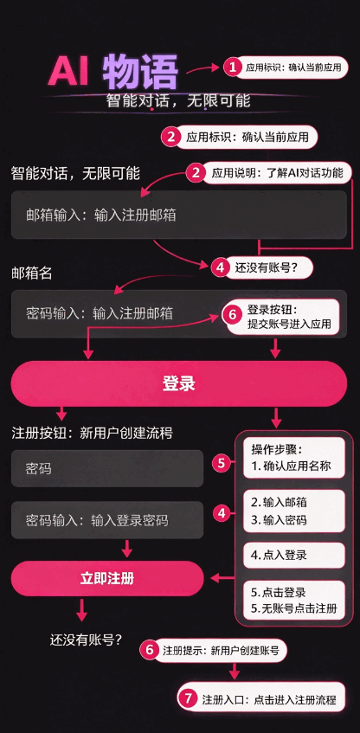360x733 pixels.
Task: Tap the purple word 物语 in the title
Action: (x=140, y=72)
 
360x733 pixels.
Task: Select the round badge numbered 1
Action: (x=231, y=68)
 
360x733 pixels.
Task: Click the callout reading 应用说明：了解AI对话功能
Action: (x=278, y=173)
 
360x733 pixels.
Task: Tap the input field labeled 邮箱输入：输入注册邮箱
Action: (x=178, y=215)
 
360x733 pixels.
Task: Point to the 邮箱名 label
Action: (x=32, y=273)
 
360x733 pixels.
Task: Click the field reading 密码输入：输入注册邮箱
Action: (x=178, y=313)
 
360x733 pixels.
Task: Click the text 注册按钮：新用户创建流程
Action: (x=92, y=433)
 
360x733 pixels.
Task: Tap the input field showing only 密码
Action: (x=107, y=468)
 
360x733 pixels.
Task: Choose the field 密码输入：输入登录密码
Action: (x=107, y=520)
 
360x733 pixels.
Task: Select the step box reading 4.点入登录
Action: (x=294, y=556)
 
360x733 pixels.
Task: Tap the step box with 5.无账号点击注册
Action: (x=294, y=601)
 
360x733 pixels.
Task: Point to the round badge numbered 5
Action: (x=222, y=463)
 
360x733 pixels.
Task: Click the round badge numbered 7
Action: (x=188, y=699)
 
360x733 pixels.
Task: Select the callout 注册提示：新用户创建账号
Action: (x=222, y=650)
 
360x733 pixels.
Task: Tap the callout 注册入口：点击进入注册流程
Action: (x=269, y=699)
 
